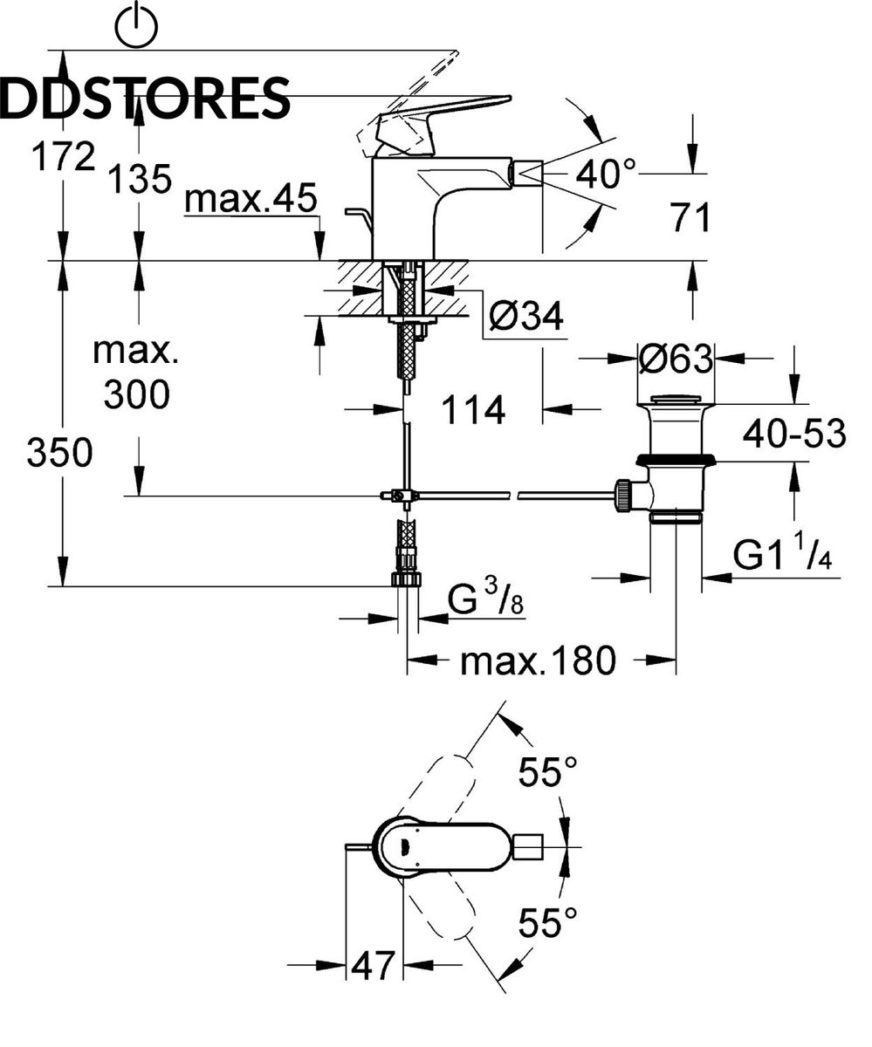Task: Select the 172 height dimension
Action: (63, 156)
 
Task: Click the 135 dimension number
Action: (140, 179)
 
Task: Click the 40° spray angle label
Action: (605, 174)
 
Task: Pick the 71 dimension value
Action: (691, 217)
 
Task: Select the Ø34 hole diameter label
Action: (525, 316)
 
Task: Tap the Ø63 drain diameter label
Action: (676, 359)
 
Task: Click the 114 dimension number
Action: (474, 410)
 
